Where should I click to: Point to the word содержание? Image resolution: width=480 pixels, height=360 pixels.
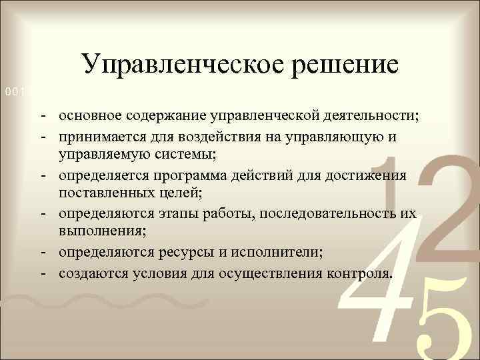[171, 115]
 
